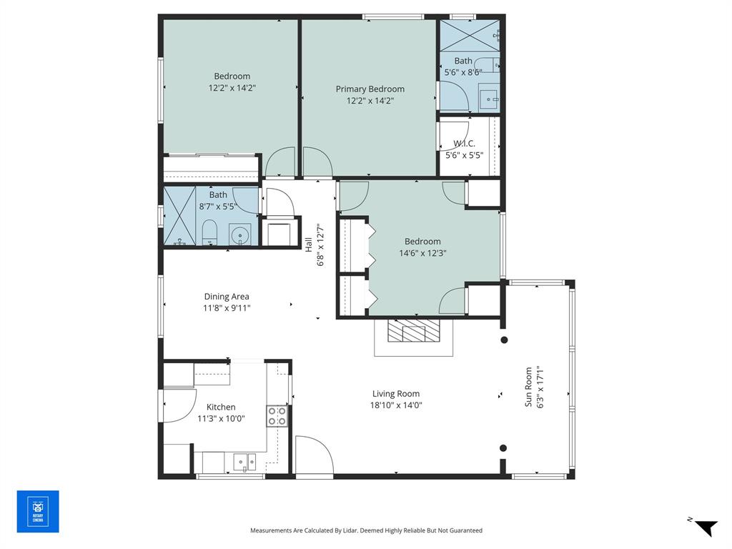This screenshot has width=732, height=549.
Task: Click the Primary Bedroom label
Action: (370, 89)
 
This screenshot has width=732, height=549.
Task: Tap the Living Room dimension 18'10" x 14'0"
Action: (396, 405)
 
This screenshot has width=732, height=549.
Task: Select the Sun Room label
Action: (529, 387)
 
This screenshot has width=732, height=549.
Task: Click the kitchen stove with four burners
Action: (277, 416)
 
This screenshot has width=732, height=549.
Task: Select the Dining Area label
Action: (227, 297)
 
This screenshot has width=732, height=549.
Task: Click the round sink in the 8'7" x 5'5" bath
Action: (241, 234)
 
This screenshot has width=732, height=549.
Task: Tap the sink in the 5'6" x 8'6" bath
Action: (490, 99)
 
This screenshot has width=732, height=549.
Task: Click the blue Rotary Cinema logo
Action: (38, 511)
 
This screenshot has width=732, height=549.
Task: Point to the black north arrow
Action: (705, 527)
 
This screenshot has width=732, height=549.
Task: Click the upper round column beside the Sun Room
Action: (503, 340)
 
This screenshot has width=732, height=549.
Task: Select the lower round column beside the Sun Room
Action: (503, 448)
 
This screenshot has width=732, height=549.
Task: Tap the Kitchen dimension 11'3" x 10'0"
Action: (221, 419)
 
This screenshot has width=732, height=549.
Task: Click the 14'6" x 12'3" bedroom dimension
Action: (422, 252)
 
